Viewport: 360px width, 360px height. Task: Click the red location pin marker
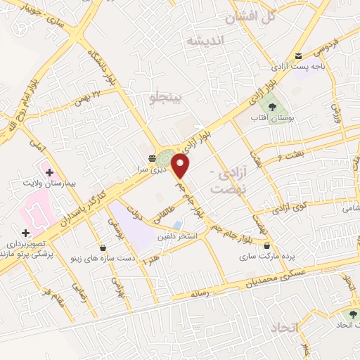pos(181,166)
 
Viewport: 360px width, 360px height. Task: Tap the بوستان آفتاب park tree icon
pos(271,107)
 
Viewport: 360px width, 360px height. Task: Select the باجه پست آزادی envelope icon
pos(298,56)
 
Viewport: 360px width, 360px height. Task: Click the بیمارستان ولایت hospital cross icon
pos(49,172)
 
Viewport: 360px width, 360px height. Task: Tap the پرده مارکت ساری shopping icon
pos(267,245)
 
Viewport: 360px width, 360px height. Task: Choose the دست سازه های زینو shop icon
pos(103,247)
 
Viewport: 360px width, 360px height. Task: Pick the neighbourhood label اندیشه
pos(203,41)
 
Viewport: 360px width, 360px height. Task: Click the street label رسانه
pos(201,293)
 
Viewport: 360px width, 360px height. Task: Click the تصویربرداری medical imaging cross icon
pos(25,233)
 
